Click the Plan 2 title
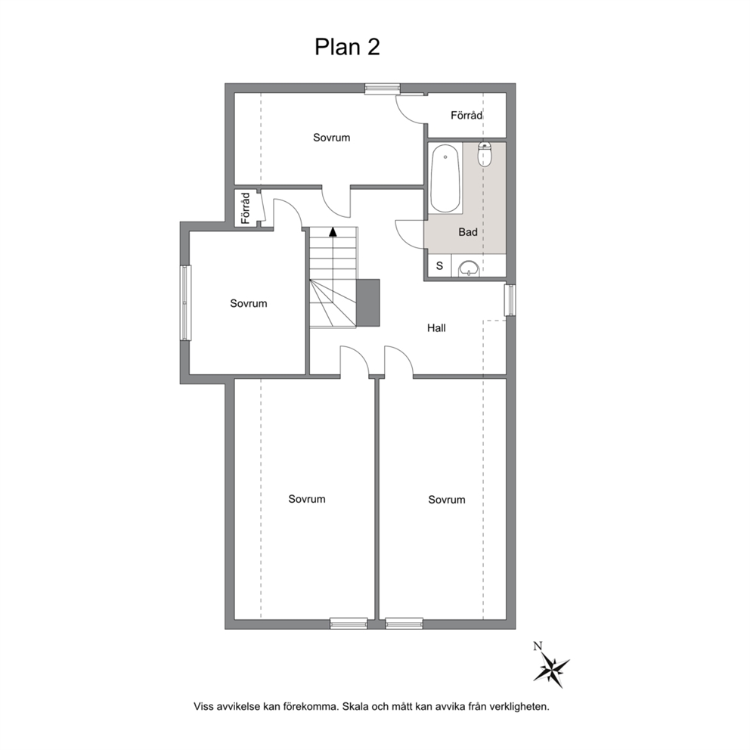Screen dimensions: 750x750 [x=347, y=47]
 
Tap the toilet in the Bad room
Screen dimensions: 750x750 [x=485, y=154]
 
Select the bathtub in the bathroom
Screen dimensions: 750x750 [x=445, y=178]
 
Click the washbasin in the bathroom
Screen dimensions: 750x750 [x=470, y=268]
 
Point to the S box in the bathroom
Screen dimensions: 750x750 [x=439, y=265]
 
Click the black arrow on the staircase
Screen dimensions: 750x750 [x=333, y=232]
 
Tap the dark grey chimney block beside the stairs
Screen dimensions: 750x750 [x=368, y=302]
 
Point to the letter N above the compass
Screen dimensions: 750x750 [x=538, y=646]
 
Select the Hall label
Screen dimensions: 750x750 [x=436, y=327]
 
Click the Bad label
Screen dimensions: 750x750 [x=468, y=232]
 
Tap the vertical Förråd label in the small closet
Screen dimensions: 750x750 [x=246, y=208]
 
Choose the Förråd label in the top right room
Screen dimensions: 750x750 [x=466, y=115]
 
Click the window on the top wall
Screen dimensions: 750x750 [x=382, y=88]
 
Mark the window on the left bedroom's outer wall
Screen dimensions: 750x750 [x=185, y=302]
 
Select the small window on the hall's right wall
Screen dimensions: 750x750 [x=510, y=300]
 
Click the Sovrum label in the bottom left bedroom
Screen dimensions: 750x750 [x=307, y=499]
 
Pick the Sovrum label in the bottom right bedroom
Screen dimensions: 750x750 [x=447, y=499]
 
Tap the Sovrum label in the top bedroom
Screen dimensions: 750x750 [x=331, y=138]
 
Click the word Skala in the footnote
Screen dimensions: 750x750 [x=355, y=706]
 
